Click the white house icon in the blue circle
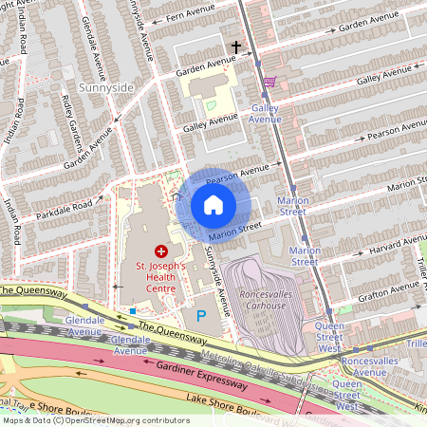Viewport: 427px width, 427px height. tap(213, 205)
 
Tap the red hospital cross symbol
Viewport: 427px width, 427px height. tap(160, 251)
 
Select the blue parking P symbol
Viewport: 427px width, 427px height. tap(200, 315)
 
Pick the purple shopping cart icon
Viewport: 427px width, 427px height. tap(269, 82)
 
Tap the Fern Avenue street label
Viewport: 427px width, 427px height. tap(189, 15)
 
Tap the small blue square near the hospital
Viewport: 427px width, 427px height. tap(134, 310)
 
